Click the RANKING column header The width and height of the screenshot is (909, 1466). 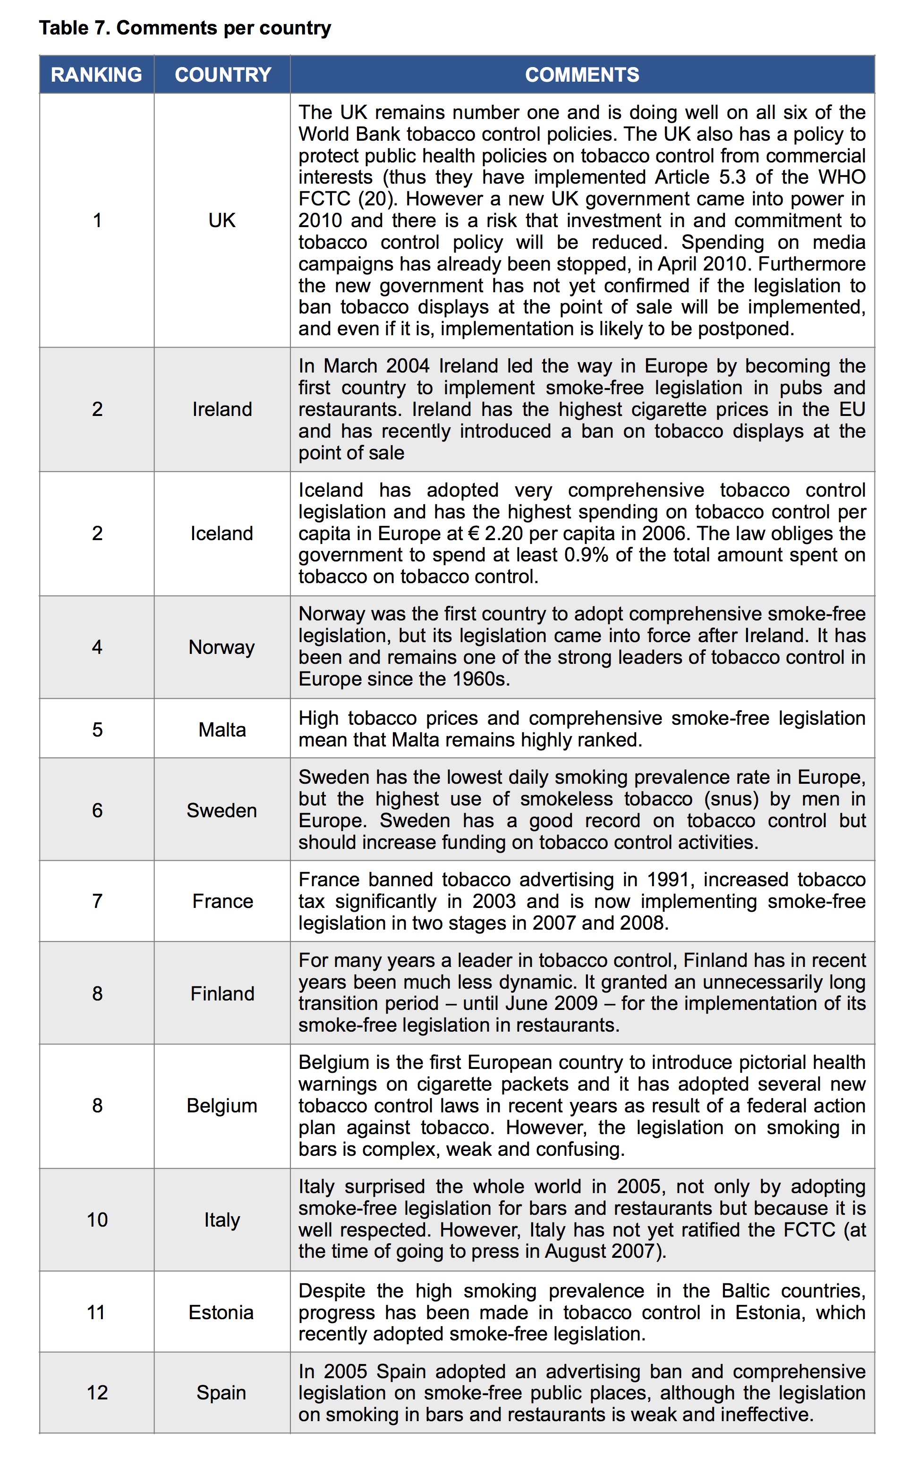[x=96, y=75]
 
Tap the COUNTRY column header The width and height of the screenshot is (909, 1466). [x=222, y=75]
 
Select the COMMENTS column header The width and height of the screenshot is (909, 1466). [x=582, y=75]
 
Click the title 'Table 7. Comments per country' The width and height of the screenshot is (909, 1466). [x=185, y=28]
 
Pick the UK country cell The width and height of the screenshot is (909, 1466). [x=222, y=220]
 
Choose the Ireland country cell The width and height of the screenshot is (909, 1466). [x=222, y=409]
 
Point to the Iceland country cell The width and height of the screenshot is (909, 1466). [x=222, y=533]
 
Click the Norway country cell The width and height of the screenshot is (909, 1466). [x=221, y=647]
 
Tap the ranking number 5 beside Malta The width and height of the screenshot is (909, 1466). [x=97, y=729]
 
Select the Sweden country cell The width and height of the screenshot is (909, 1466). [x=221, y=810]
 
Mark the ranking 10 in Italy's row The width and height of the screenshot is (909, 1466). [x=97, y=1220]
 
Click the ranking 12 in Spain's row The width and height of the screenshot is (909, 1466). [x=97, y=1393]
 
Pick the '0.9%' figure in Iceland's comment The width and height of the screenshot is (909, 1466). [x=586, y=555]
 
